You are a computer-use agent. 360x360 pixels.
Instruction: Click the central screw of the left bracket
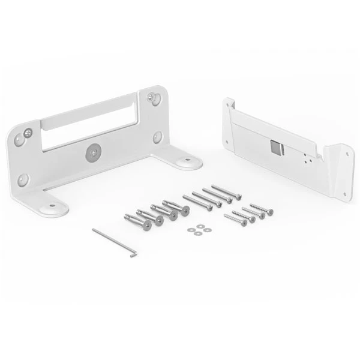[93, 153]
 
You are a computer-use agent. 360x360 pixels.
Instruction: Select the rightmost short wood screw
[261, 209]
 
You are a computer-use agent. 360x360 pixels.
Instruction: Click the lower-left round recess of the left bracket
[23, 178]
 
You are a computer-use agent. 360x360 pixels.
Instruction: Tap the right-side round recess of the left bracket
[157, 136]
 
